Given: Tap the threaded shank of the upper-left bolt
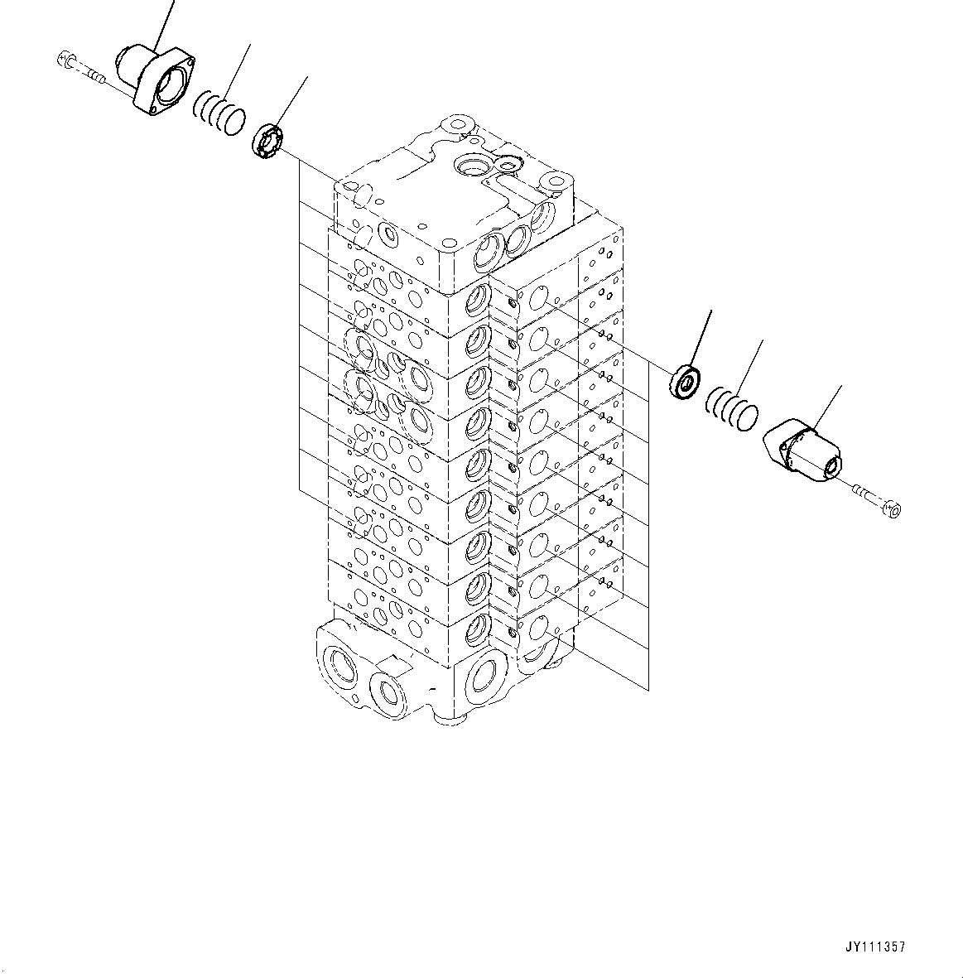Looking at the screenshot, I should (x=93, y=77).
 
